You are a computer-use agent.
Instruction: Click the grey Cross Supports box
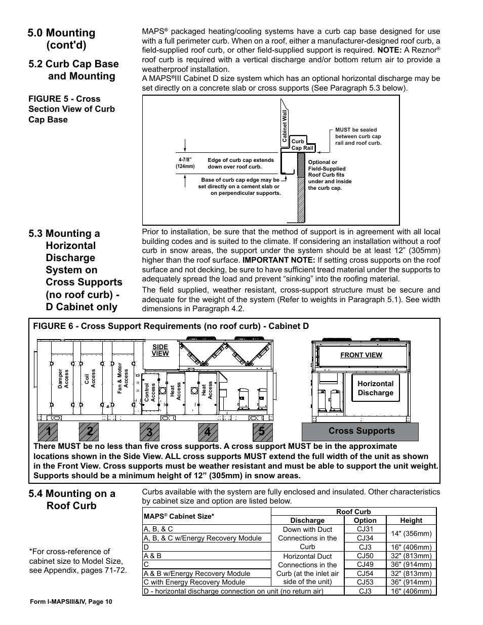click(361, 431)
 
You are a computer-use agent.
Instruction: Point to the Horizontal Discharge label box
click(375, 388)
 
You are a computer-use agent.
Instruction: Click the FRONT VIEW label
click(361, 355)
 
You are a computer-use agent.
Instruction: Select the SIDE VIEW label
click(160, 350)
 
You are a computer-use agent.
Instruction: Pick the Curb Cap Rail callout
click(302, 145)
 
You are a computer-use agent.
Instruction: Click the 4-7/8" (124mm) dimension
click(186, 163)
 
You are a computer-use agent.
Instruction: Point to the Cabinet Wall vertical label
click(285, 126)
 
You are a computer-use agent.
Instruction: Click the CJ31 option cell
click(365, 529)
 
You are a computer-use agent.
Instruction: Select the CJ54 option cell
click(365, 573)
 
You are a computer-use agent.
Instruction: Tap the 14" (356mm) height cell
click(411, 533)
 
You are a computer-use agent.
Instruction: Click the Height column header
click(411, 520)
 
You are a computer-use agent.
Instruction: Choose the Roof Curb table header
click(353, 512)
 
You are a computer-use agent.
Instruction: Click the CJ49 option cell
click(365, 564)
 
